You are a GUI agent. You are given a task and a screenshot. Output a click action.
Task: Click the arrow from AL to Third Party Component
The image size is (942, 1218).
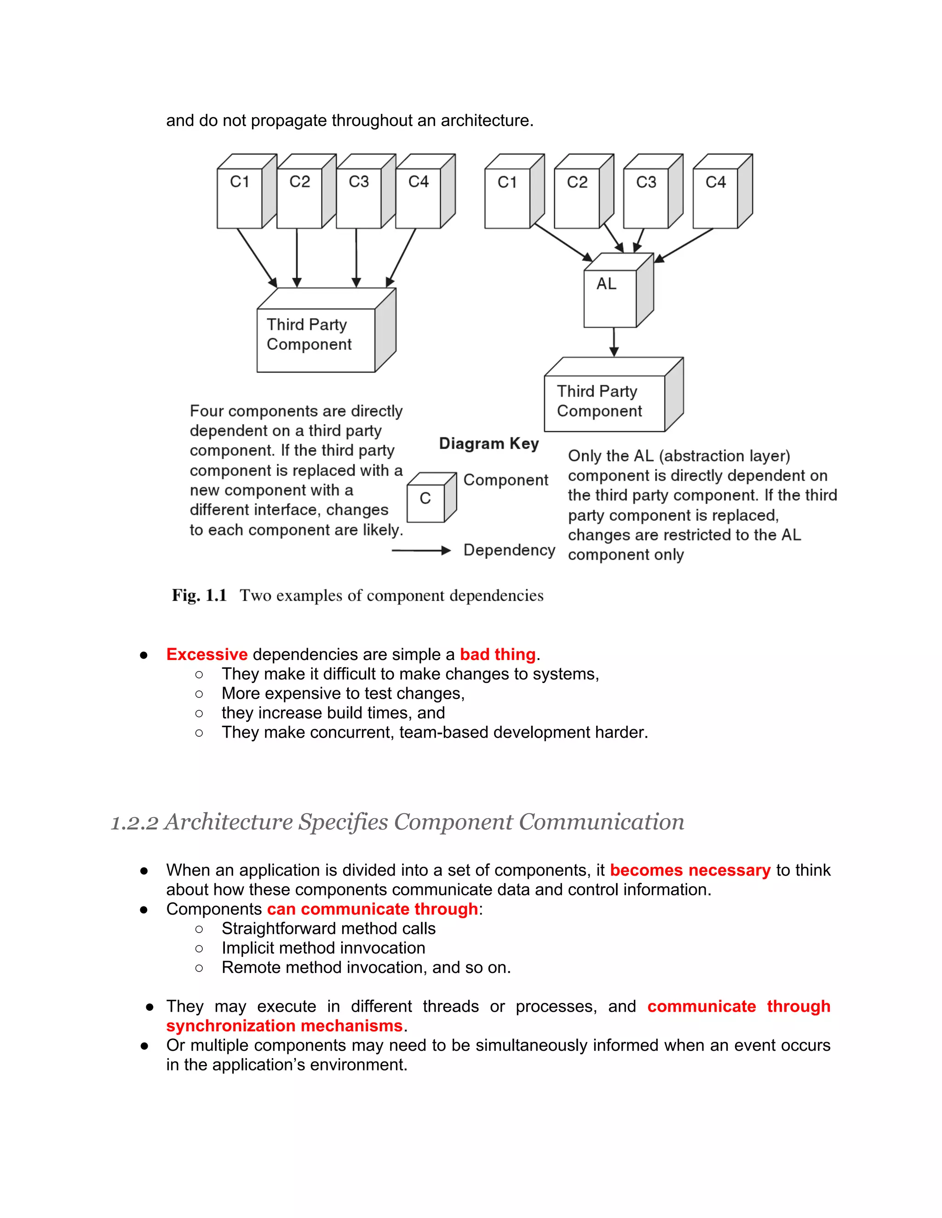614,341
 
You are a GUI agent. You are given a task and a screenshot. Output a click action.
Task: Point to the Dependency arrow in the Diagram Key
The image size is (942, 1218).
421,551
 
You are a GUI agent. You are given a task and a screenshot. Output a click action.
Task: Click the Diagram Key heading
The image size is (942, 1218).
489,444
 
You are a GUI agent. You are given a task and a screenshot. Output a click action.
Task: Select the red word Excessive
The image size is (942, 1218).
207,654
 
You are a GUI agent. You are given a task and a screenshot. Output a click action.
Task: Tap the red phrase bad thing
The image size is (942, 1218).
497,654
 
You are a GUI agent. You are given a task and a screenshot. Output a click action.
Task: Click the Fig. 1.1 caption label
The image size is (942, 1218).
199,596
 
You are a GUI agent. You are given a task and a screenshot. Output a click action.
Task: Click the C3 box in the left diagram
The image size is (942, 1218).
359,198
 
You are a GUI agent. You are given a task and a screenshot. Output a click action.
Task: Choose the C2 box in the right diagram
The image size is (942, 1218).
577,198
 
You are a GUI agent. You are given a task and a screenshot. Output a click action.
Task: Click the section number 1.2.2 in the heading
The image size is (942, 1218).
134,823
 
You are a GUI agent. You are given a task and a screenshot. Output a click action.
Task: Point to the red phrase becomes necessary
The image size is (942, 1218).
690,870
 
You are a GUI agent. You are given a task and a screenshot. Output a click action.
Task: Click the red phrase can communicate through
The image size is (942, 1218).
372,909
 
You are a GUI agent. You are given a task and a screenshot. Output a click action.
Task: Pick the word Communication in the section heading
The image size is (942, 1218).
601,823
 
